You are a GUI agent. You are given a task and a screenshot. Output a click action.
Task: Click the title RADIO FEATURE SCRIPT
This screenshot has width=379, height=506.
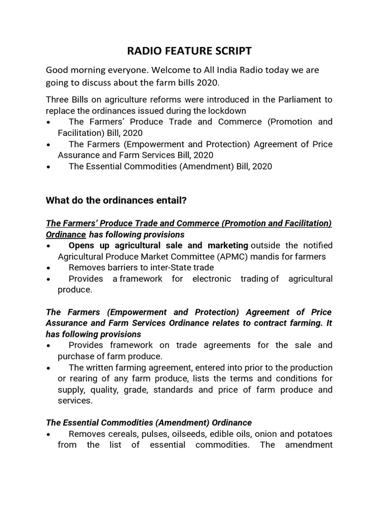tap(189, 51)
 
